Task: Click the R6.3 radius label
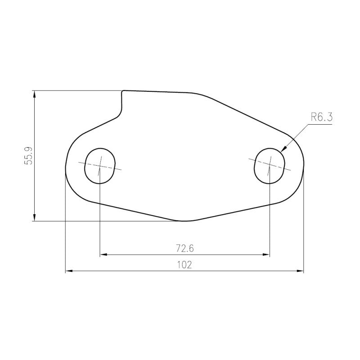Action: click(322, 117)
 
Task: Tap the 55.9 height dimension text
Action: click(29, 156)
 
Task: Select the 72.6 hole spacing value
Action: click(185, 248)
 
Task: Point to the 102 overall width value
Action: click(184, 265)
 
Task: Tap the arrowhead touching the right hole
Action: click(283, 149)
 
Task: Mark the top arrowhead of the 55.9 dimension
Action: click(35, 94)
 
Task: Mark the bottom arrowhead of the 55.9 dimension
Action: click(35, 217)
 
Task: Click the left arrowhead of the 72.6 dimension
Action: click(103, 254)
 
